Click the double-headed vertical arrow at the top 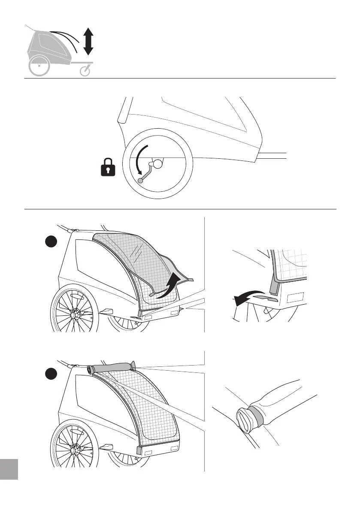tap(88, 41)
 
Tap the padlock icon tap(108, 167)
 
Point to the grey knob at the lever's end tap(140, 181)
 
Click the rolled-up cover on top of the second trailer tap(112, 368)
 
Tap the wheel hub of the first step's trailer tap(73, 315)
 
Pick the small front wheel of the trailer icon tap(86, 71)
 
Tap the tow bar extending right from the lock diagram tap(272, 155)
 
